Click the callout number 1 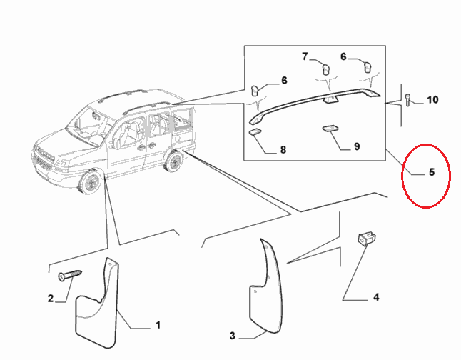(x=158, y=325)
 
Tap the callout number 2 (x=51, y=299)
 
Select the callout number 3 (x=232, y=336)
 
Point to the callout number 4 (x=376, y=297)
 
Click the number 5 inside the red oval (x=432, y=172)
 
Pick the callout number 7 (x=305, y=56)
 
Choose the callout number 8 (x=283, y=149)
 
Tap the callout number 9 (x=357, y=146)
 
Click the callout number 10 (x=432, y=100)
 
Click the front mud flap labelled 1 (x=97, y=303)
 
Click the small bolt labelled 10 (x=408, y=100)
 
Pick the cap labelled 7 (x=325, y=69)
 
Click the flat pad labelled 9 (x=330, y=129)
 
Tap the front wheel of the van (x=90, y=181)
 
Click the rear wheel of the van (x=175, y=161)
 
